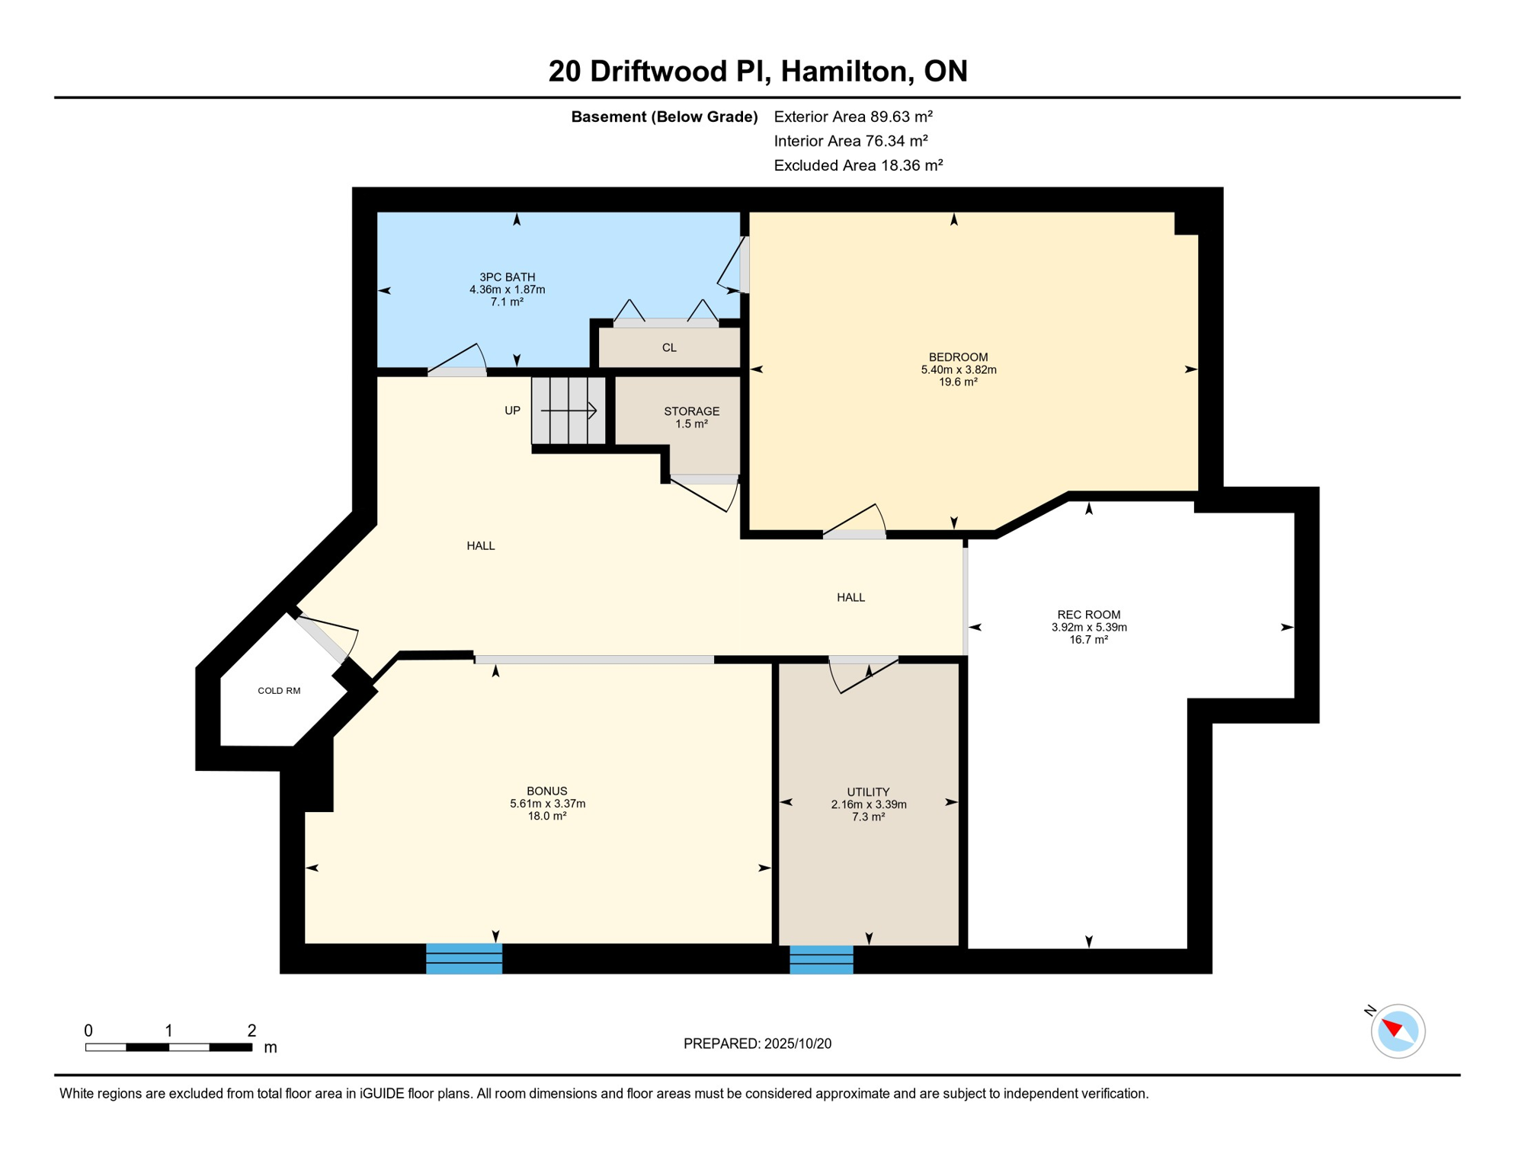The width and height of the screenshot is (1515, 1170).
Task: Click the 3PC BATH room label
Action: pos(507,277)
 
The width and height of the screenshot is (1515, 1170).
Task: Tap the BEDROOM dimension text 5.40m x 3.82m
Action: pos(959,370)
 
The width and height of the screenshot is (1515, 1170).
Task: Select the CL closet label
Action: pos(669,348)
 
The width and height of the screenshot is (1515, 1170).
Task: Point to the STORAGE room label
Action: pos(691,411)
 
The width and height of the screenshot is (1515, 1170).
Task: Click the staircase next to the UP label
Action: pos(569,411)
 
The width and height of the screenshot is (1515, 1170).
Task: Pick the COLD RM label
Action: pos(279,691)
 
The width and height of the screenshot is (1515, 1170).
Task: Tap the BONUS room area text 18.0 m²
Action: pos(547,817)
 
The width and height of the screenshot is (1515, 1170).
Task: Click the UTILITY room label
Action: pos(868,792)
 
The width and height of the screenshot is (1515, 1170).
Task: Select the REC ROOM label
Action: pos(1089,615)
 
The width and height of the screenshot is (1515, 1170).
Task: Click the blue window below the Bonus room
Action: pos(464,959)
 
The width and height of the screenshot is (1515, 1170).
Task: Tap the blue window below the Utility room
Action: pos(822,961)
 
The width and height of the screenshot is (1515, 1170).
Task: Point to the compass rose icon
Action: pos(1398,1031)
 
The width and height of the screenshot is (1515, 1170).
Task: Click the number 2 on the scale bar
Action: pos(251,1031)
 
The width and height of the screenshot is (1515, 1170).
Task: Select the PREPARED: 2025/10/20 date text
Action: pos(757,1044)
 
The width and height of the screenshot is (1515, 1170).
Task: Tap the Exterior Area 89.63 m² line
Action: pos(854,117)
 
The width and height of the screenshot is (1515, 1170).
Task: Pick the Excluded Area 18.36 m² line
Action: pos(859,165)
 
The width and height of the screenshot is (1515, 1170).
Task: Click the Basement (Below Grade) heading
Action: pos(665,117)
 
